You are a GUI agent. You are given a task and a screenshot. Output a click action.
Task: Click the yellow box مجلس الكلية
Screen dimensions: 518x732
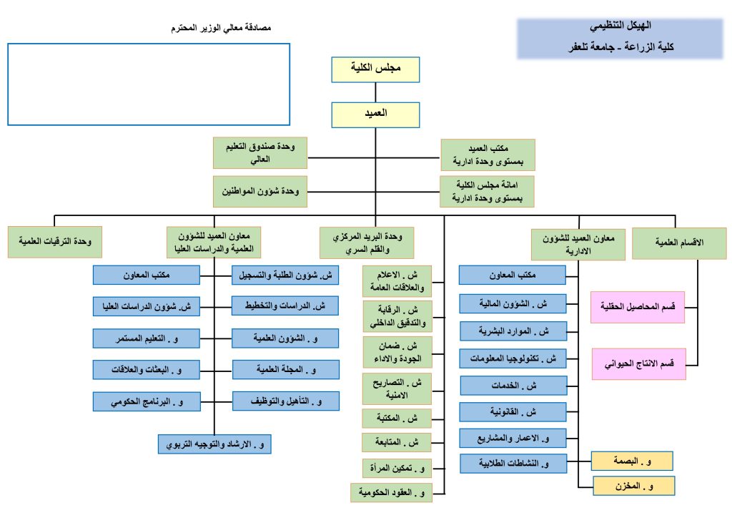click(375, 70)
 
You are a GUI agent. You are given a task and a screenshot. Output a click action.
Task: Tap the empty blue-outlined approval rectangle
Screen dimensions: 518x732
click(149, 84)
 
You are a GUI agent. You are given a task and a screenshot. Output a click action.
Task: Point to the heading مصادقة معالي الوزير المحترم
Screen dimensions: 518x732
click(222, 28)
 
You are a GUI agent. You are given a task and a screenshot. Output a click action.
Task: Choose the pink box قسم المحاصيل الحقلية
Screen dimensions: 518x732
click(638, 307)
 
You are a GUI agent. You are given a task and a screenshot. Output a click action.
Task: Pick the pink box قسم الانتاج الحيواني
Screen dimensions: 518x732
click(638, 364)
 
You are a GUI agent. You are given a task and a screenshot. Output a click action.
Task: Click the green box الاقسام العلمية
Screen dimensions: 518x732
click(679, 243)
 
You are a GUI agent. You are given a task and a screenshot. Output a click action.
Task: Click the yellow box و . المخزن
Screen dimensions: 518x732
click(633, 487)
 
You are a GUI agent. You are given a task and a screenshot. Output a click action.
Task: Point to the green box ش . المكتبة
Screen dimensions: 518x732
click(397, 418)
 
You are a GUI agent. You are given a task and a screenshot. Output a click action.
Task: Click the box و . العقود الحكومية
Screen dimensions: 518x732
click(392, 493)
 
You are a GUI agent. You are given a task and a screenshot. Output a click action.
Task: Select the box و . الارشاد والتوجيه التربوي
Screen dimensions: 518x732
click(214, 444)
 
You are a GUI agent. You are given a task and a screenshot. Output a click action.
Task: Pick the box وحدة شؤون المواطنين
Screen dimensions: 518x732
click(259, 191)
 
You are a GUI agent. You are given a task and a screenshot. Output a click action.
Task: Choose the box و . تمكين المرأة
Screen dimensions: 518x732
click(397, 469)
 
